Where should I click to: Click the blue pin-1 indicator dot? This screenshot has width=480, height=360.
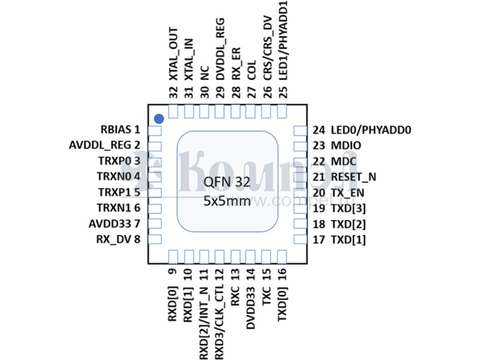[159, 119]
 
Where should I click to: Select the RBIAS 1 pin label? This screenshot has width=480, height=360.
[120, 129]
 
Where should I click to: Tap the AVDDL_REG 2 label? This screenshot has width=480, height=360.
[105, 145]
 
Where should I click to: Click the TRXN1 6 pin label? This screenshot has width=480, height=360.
[118, 208]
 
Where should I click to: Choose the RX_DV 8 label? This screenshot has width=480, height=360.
[118, 239]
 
